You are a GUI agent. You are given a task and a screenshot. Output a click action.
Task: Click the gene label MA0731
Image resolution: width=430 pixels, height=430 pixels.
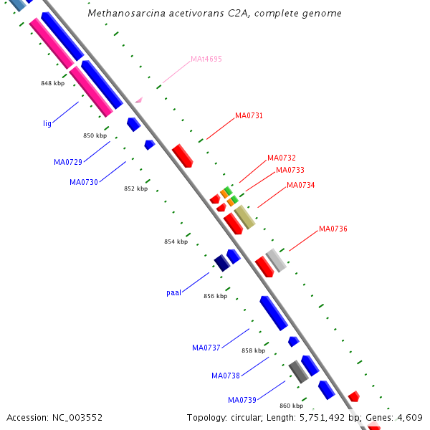tap(249, 115)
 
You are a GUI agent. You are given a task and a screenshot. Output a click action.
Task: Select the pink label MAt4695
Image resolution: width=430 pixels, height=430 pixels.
tap(206, 59)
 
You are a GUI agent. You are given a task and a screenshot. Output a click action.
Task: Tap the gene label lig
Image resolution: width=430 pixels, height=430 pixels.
tap(47, 123)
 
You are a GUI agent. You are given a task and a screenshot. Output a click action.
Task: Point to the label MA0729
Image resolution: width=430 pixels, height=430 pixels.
tap(68, 162)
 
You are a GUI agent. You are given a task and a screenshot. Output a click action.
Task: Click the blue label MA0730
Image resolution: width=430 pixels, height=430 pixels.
tap(84, 182)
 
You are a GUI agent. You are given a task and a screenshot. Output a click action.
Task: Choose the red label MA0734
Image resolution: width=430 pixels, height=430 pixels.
tap(301, 185)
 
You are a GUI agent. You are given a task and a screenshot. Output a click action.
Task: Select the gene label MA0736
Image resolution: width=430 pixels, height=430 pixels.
tap(333, 229)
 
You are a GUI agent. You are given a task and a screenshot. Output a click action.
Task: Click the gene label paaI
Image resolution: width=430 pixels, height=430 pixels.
tap(174, 293)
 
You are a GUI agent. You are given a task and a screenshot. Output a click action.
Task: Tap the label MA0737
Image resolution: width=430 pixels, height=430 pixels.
tap(206, 348)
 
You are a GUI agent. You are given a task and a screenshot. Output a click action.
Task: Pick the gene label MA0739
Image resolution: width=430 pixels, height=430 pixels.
tap(242, 400)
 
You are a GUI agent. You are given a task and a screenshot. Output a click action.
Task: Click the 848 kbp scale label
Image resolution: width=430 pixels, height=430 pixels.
tap(52, 83)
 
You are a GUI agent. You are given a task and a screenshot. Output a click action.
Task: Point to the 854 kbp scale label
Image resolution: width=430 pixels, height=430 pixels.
tap(176, 242)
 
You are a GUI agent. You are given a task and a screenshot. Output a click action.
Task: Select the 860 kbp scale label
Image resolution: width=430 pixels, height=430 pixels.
tap(292, 406)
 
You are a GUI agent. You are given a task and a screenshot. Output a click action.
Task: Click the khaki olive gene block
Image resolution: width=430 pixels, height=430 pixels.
tap(244, 217)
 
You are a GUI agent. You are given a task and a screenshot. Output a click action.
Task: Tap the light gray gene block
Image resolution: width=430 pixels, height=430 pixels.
tap(276, 260)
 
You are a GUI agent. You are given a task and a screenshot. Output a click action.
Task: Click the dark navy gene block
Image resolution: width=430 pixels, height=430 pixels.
tap(222, 263)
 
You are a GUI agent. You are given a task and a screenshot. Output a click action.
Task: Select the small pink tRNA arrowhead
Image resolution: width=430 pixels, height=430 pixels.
tap(139, 100)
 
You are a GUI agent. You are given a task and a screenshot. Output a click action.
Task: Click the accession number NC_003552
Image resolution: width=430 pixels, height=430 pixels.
tap(77, 418)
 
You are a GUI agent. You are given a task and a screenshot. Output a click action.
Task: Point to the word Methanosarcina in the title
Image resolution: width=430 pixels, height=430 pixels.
tap(126, 13)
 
